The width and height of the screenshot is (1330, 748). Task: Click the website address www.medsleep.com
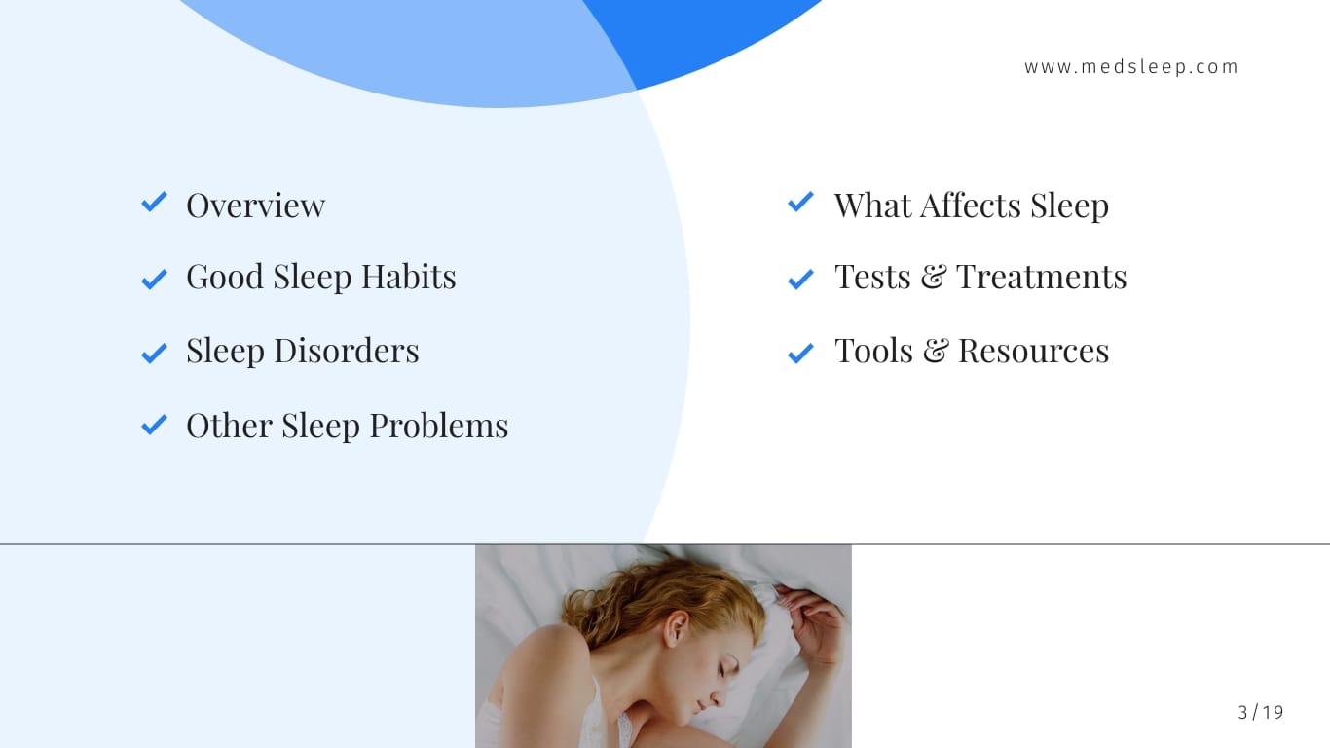point(1131,67)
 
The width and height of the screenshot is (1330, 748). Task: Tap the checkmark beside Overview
point(154,203)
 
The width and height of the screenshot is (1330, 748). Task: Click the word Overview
point(255,206)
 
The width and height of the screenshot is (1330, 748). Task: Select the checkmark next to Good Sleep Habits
point(154,280)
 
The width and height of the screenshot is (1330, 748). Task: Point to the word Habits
point(408,277)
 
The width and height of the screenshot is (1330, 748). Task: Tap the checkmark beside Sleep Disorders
point(154,353)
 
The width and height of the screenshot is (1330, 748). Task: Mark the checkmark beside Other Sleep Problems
point(154,425)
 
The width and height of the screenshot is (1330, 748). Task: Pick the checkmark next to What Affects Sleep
point(800,203)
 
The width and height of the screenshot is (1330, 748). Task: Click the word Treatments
point(1041,277)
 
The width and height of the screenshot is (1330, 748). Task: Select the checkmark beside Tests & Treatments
point(800,280)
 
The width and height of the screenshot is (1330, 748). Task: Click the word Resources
point(1033,351)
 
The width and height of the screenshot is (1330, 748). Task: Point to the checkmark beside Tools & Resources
point(800,353)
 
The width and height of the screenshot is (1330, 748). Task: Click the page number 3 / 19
point(1261,713)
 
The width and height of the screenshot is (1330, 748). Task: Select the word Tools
point(873,351)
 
